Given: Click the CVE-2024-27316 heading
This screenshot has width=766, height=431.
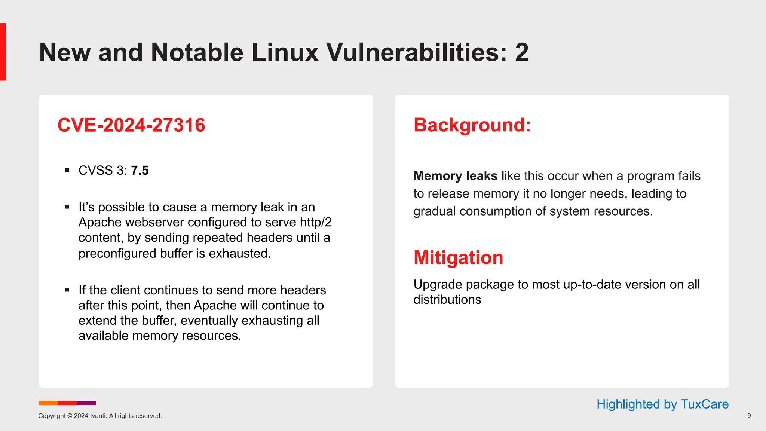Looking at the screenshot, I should click(x=131, y=125).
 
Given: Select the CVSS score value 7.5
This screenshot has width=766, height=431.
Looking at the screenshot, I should click(x=140, y=171).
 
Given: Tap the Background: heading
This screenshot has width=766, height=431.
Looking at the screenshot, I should click(x=472, y=125).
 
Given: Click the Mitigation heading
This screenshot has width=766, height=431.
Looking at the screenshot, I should click(x=458, y=258).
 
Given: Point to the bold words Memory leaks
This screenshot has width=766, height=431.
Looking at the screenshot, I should click(x=455, y=176).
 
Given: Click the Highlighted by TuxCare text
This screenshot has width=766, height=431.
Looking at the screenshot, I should click(x=662, y=404).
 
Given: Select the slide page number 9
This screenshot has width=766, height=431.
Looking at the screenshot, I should click(x=749, y=416).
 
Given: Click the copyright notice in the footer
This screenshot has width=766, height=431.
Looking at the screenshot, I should click(x=100, y=416).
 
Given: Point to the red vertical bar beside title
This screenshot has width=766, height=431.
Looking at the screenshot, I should click(x=3, y=52).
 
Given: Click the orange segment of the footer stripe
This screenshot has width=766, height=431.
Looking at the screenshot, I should click(x=48, y=403).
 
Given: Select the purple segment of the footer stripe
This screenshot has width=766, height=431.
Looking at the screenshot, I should click(x=86, y=403).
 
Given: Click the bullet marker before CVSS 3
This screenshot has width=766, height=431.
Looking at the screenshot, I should click(x=67, y=171).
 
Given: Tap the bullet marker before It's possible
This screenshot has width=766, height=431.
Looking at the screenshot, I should click(x=67, y=207).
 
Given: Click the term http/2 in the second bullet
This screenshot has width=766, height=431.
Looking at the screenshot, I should click(x=316, y=222).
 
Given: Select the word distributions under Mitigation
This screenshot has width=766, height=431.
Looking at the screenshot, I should click(x=447, y=300).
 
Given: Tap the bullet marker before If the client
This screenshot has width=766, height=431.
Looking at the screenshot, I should click(x=67, y=290).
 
